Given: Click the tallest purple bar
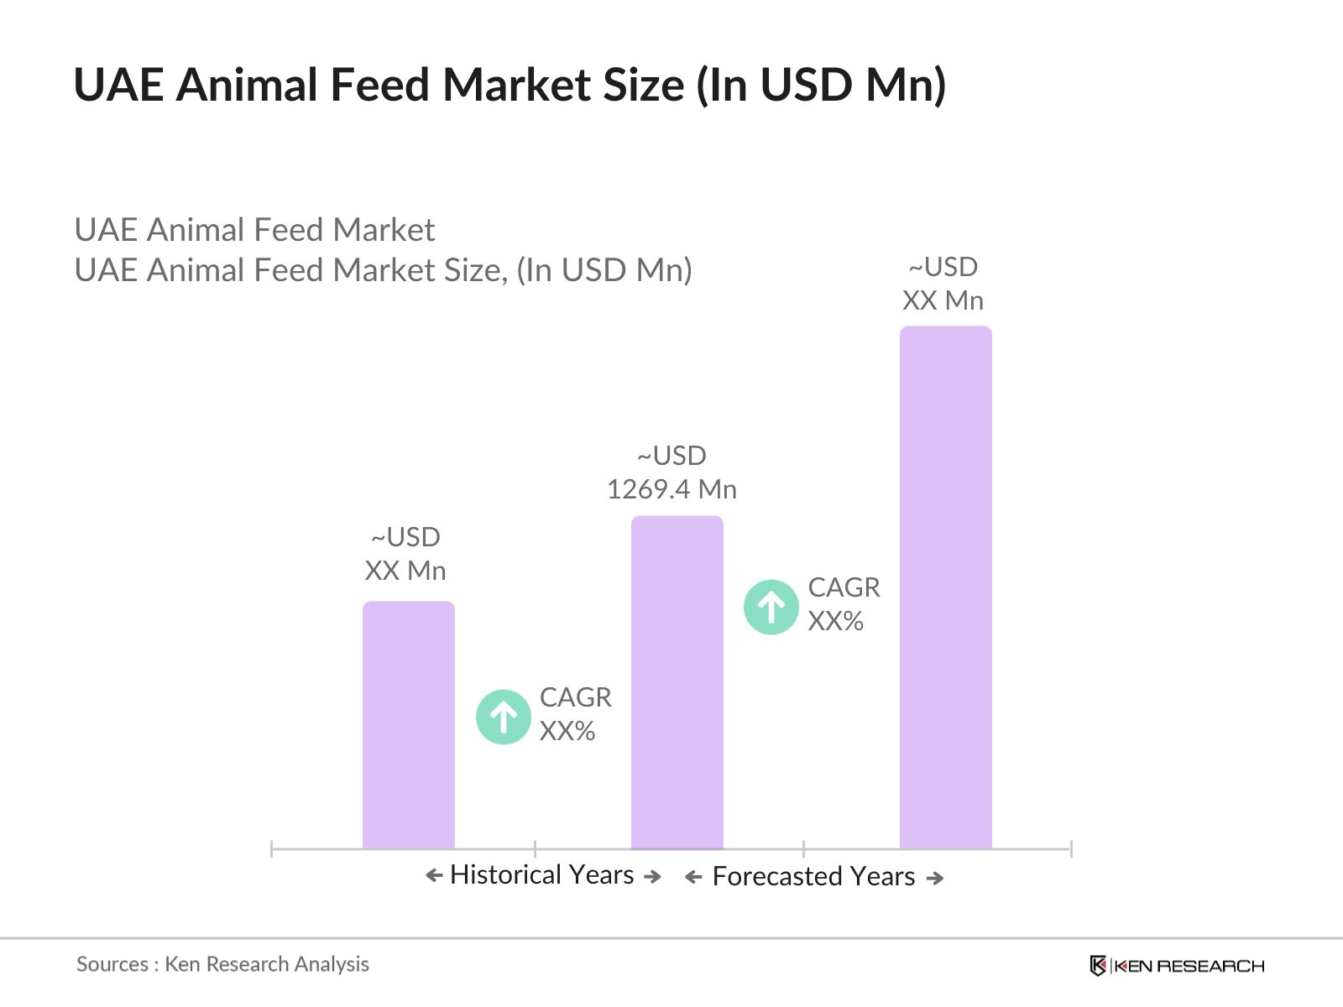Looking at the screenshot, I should pyautogui.click(x=945, y=587).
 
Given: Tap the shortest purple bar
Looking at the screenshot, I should pyautogui.click(x=408, y=725).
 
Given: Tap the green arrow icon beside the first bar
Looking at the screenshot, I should pyautogui.click(x=503, y=717).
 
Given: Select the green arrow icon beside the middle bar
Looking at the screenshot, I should pyautogui.click(x=771, y=607).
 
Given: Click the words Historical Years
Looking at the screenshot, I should pyautogui.click(x=541, y=875).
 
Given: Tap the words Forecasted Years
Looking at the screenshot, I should pyautogui.click(x=813, y=877).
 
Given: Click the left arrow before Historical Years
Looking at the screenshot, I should pyautogui.click(x=434, y=876).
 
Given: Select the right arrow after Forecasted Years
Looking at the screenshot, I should pyautogui.click(x=935, y=879).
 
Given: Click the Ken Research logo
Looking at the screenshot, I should pyautogui.click(x=1177, y=966).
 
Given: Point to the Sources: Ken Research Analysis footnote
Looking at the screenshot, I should pyautogui.click(x=222, y=964).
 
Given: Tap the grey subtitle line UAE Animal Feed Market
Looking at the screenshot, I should pyautogui.click(x=254, y=230).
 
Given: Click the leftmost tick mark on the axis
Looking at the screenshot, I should pyautogui.click(x=272, y=849).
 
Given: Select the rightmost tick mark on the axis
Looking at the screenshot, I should pyautogui.click(x=1071, y=849).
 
